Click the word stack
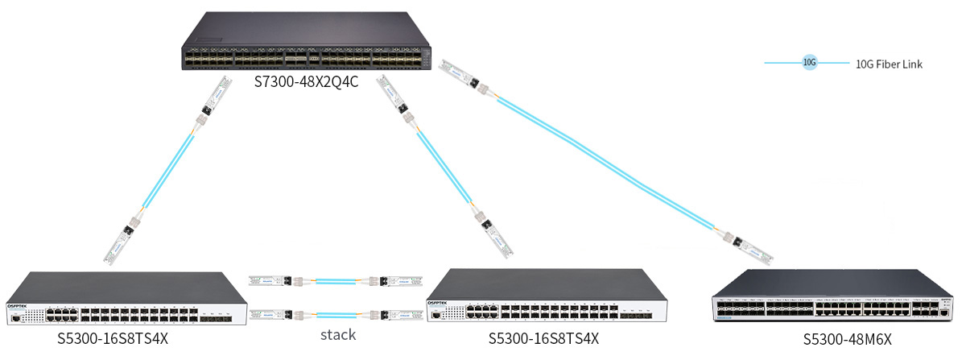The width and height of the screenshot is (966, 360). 336,335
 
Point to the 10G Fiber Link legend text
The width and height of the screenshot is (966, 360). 889,64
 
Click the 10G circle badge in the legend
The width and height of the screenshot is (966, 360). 810,62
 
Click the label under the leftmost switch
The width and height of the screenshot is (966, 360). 112,337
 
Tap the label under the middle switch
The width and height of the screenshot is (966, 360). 543,337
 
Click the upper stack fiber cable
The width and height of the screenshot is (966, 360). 336,281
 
